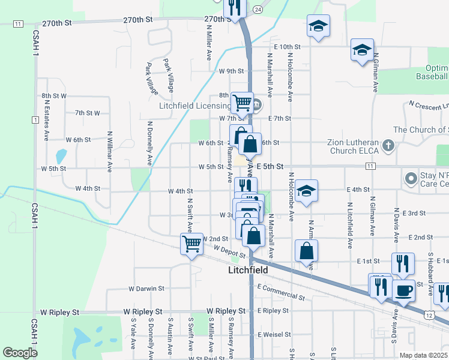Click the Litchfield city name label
[x=248, y=271]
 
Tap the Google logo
[x=20, y=353]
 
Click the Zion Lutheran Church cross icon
[x=388, y=145]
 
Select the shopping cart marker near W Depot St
[x=191, y=244]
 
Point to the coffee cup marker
[x=403, y=290]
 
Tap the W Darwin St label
[x=146, y=289]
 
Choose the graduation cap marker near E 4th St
[x=306, y=191]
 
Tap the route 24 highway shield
[x=258, y=10]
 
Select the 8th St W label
[x=54, y=96]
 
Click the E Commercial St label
[x=280, y=293]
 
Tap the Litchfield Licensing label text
[x=194, y=106]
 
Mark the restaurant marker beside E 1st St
[x=403, y=264]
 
